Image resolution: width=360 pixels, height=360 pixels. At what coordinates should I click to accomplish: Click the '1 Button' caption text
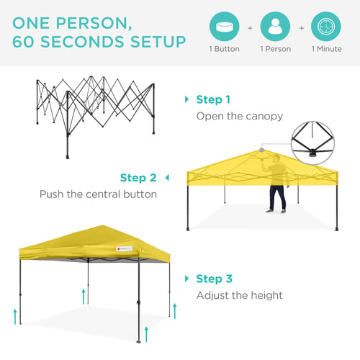pos(224,50)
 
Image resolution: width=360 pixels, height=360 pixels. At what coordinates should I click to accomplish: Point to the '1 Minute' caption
pos(326,50)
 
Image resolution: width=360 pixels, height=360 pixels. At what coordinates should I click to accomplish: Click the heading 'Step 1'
pos(213,99)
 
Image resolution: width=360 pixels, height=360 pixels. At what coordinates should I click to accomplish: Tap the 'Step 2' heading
pos(138,177)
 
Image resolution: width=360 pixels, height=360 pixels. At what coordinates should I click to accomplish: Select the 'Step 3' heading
pos(213,279)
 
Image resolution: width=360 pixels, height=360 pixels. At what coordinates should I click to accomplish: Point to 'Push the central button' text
pos(98,194)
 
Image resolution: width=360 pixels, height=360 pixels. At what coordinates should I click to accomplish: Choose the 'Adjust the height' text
pos(240,295)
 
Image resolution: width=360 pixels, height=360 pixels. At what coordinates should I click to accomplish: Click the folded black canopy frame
pos(96,114)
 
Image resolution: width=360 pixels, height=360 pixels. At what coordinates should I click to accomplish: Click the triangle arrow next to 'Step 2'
pos(167,177)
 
